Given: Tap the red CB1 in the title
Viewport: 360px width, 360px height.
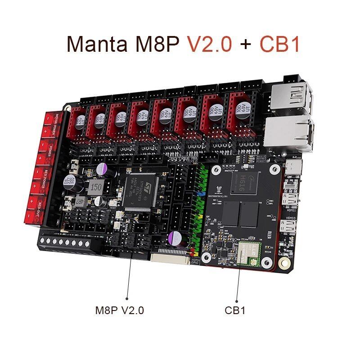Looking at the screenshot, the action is (279, 44).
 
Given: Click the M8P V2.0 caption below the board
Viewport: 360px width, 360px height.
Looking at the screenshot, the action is (120, 310).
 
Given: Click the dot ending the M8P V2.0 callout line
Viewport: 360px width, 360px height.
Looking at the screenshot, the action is (126, 297).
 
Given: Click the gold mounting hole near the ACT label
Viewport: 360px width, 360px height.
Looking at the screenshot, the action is (283, 262).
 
